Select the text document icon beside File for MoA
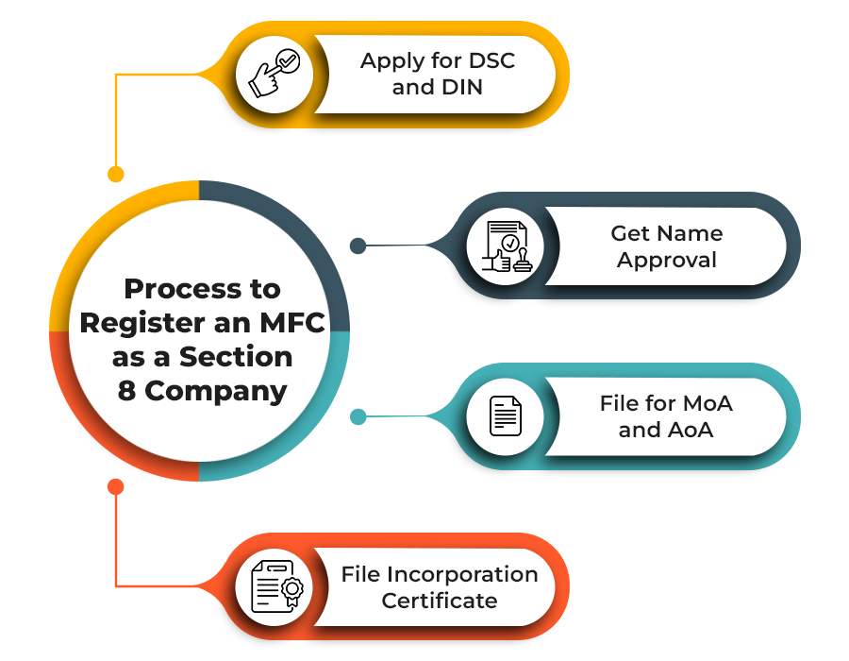pyautogui.click(x=505, y=416)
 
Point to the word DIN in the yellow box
pyautogui.click(x=461, y=89)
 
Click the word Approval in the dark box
pyautogui.click(x=667, y=260)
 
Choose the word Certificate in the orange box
pyautogui.click(x=440, y=601)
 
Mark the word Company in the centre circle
pyautogui.click(x=215, y=391)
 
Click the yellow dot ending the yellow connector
pyautogui.click(x=115, y=174)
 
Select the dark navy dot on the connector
pyautogui.click(x=358, y=246)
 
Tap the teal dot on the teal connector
pyautogui.click(x=358, y=416)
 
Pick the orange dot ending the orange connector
pyautogui.click(x=115, y=486)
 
